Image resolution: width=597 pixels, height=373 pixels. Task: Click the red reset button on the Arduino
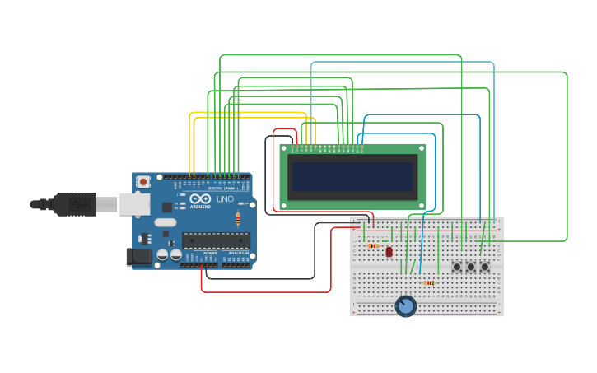pyautogui.click(x=143, y=181)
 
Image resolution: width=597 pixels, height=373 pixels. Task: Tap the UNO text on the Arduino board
pyautogui.click(x=225, y=199)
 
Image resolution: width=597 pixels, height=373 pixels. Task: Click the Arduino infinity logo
pyautogui.click(x=200, y=198)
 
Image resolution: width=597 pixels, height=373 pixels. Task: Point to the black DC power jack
pyautogui.click(x=141, y=257)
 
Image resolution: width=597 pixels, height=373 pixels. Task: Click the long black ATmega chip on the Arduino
pyautogui.click(x=216, y=240)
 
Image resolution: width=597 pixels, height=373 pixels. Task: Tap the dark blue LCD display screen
pyautogui.click(x=352, y=176)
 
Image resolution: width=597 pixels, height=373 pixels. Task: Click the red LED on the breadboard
pyautogui.click(x=389, y=252)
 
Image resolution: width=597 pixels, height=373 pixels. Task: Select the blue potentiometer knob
pyautogui.click(x=405, y=306)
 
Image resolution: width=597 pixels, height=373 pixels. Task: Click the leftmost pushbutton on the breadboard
pyautogui.click(x=457, y=266)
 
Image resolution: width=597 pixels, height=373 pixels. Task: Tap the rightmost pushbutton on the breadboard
pyautogui.click(x=484, y=266)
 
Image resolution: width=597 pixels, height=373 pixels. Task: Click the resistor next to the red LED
pyautogui.click(x=373, y=245)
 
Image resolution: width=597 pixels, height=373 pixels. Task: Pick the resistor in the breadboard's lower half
pyautogui.click(x=428, y=283)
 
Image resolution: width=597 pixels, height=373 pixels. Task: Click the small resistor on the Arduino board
pyautogui.click(x=238, y=219)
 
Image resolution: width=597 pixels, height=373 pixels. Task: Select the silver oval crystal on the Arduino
pyautogui.click(x=165, y=222)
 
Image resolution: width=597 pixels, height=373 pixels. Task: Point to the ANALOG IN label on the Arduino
pyautogui.click(x=237, y=253)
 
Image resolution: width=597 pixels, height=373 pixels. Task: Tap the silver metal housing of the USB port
pyautogui.click(x=134, y=203)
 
